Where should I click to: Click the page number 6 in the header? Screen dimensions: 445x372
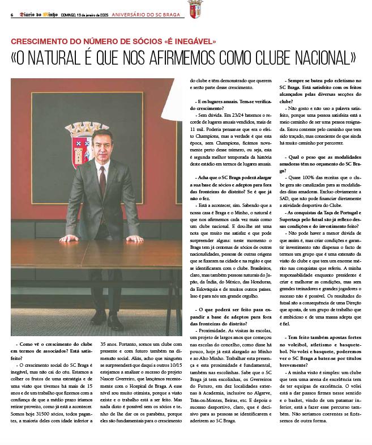tap(12, 15)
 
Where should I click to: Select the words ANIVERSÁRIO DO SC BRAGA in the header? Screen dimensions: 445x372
tap(149, 15)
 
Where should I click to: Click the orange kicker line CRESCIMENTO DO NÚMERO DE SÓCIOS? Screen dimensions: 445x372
tap(113, 42)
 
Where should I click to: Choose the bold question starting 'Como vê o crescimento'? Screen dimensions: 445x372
tap(52, 347)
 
